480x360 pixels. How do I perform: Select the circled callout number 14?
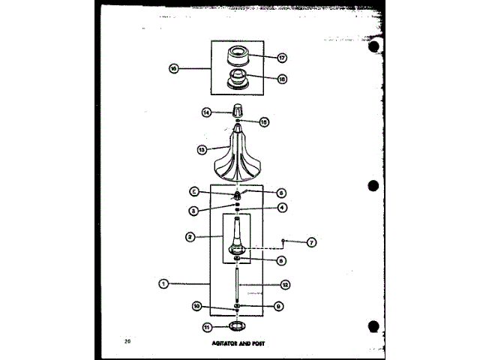205,112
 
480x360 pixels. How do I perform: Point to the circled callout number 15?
263,121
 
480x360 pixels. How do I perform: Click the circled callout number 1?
163,283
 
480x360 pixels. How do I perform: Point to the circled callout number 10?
197,306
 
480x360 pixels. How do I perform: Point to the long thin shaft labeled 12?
236,285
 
